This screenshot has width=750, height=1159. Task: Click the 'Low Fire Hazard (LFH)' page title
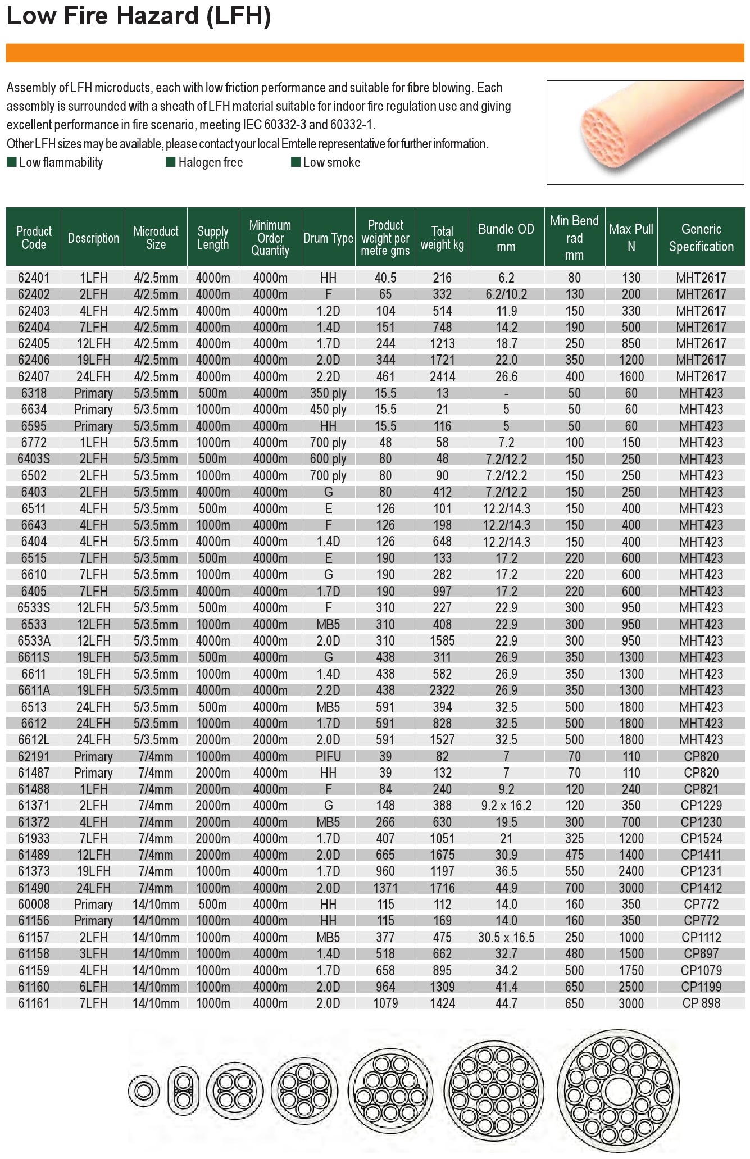[138, 16]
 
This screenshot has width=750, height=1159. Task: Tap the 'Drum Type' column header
[328, 238]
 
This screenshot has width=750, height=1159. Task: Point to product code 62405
[34, 344]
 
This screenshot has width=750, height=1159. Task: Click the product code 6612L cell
[34, 740]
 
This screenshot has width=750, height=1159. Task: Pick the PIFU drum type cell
[328, 757]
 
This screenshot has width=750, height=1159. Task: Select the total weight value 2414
[442, 377]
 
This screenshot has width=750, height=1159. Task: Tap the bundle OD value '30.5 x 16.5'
[506, 938]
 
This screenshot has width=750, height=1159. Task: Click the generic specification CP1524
[701, 839]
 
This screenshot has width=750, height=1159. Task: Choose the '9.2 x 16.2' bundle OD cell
[506, 806]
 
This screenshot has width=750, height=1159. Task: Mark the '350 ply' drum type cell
[328, 393]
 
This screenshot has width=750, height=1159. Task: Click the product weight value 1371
[385, 888]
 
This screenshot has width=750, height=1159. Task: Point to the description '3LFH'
[93, 954]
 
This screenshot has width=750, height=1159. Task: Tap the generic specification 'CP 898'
[701, 1003]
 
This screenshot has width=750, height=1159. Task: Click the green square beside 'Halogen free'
[171, 162]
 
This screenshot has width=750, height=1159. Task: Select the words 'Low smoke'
[331, 162]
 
